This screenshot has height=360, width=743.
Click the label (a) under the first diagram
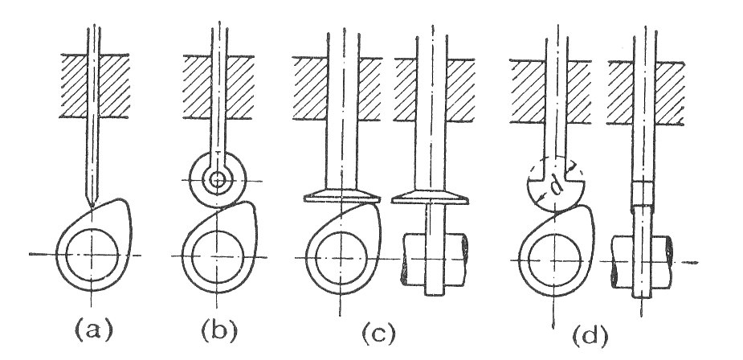[94, 329]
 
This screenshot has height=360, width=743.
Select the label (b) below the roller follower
[218, 330]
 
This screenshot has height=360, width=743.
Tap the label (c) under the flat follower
[378, 333]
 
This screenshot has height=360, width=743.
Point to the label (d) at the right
[590, 335]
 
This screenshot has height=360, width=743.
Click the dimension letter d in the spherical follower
[557, 186]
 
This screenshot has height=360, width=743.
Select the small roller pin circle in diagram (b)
[218, 180]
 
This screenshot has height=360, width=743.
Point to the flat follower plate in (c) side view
[431, 197]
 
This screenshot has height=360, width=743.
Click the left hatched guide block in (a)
[74, 86]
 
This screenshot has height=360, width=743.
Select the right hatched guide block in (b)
[240, 87]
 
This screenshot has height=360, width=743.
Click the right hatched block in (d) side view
[670, 93]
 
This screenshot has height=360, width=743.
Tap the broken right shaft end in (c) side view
[463, 259]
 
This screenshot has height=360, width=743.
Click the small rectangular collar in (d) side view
[643, 194]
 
